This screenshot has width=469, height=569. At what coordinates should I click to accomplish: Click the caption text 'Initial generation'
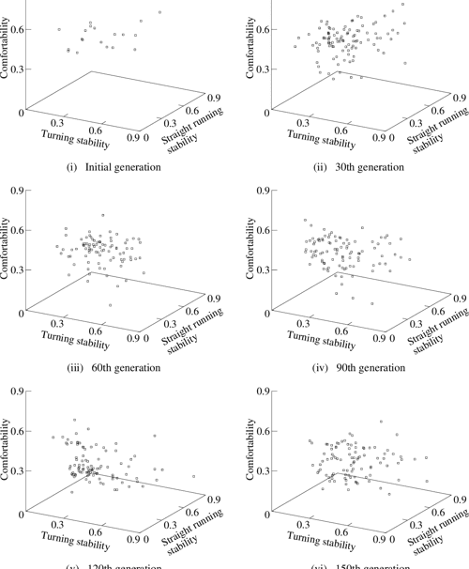pyautogui.click(x=123, y=168)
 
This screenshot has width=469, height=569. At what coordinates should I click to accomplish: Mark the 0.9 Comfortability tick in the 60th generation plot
pyautogui.click(x=16, y=191)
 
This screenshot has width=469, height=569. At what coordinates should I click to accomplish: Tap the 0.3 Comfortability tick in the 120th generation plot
pyautogui.click(x=16, y=470)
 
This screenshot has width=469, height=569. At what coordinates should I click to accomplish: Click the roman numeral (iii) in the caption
pyautogui.click(x=74, y=367)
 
